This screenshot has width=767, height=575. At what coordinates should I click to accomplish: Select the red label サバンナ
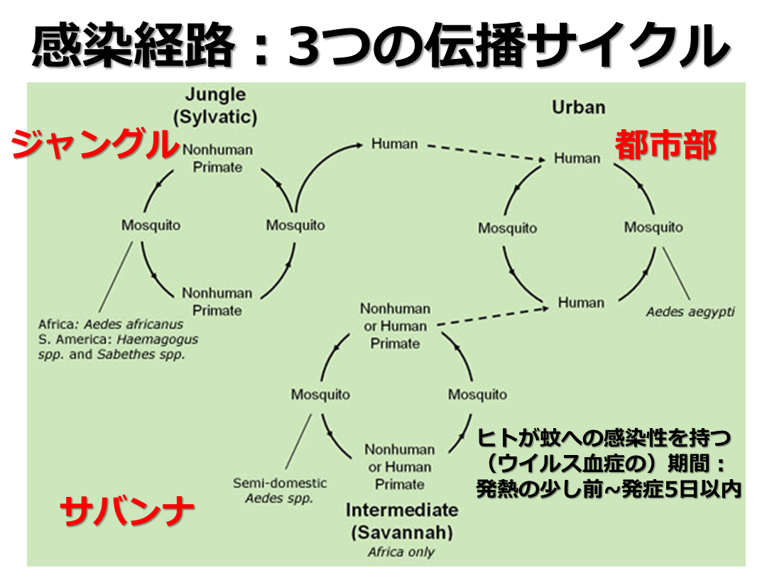tap(128, 510)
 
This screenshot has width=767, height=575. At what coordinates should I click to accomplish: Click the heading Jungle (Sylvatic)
tap(215, 105)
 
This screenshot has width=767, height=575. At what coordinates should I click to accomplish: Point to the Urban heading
tap(578, 108)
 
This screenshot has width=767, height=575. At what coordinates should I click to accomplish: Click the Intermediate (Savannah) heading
tap(401, 520)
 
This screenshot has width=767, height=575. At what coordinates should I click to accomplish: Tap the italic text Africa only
tap(401, 552)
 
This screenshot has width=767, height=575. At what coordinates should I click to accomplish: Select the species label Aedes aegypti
tap(690, 312)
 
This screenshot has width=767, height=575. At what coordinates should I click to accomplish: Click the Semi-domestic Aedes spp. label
tap(280, 491)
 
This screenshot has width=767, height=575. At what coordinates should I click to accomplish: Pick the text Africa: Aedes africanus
tap(111, 324)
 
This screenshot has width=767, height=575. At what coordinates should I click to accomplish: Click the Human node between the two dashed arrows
tap(394, 144)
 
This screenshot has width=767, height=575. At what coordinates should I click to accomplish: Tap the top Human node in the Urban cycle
tap(577, 158)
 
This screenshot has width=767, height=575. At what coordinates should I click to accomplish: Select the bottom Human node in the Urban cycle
tap(580, 303)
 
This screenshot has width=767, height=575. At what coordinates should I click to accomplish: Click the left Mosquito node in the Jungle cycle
tap(151, 226)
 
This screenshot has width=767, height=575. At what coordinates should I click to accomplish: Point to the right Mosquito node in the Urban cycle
tap(653, 227)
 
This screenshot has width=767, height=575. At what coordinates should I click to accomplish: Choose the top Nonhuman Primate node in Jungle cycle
tap(217, 159)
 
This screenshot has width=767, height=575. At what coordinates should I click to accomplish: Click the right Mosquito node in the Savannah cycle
tap(477, 395)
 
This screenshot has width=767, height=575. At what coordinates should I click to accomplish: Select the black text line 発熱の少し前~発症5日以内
tap(608, 490)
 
